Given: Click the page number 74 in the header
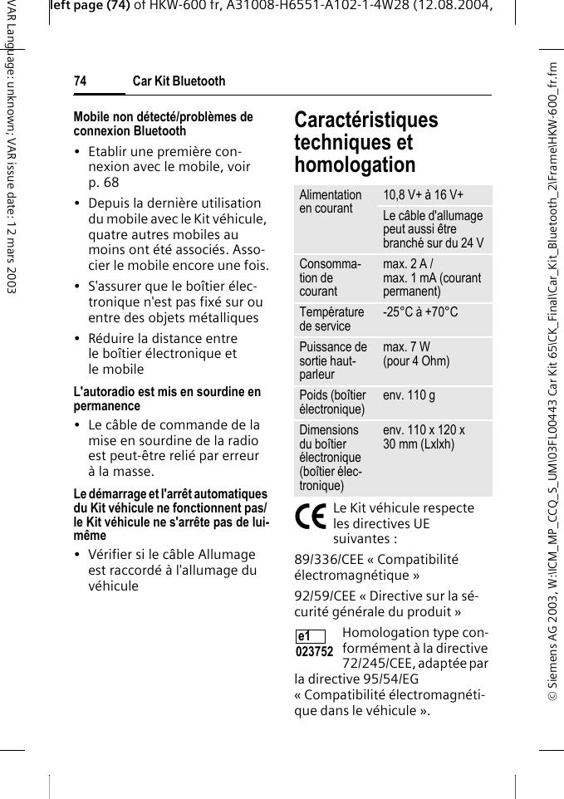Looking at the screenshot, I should click(80, 81).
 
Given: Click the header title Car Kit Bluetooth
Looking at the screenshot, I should click(179, 81).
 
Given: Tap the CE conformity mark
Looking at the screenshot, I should click(311, 517).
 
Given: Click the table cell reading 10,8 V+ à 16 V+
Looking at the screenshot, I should click(424, 195).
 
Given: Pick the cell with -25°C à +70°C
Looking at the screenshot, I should click(420, 312).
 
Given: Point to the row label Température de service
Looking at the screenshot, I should click(331, 319).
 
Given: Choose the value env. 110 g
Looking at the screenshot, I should click(409, 395).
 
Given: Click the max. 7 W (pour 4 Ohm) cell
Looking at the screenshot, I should click(416, 354).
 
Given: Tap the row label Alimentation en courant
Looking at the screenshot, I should click(331, 202).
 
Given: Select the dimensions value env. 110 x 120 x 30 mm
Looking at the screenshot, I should click(424, 437).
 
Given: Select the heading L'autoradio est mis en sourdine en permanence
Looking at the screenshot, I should click(167, 399).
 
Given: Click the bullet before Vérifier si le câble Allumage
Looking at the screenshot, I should click(77, 555).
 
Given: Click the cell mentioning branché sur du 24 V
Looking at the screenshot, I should click(433, 229).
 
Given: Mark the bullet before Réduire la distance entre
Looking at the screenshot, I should click(77, 339).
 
